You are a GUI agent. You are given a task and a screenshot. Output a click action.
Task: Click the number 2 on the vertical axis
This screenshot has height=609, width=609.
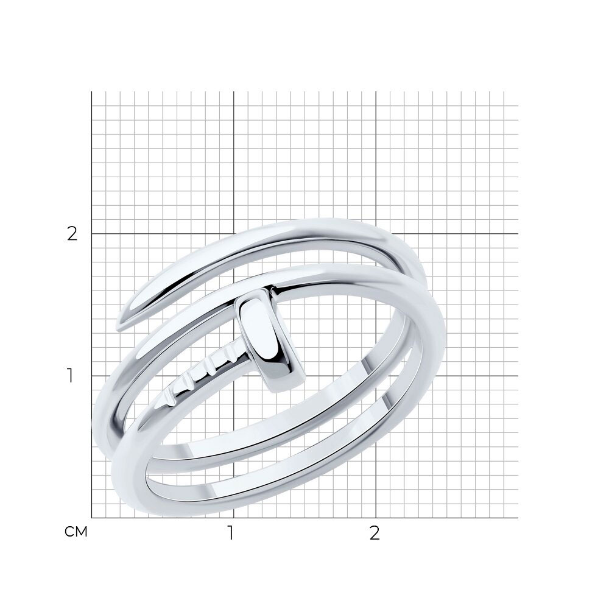coord(72,234)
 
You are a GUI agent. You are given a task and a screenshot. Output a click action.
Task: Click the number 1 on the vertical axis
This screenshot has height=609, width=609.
coord(70,376)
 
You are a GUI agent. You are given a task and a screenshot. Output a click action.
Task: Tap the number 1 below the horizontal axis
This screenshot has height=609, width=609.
coord(231,533)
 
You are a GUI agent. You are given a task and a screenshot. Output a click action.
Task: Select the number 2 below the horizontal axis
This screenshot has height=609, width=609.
coord(374,533)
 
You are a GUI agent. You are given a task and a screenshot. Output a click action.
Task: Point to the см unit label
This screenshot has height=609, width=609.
coord(76,532)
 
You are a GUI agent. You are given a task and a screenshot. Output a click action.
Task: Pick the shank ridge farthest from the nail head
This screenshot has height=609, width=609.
coord(169,400)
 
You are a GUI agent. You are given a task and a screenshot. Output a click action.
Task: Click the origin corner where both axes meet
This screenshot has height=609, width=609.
coord(92,518)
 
